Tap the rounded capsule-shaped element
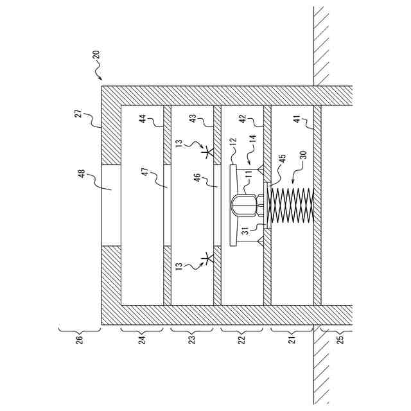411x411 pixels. (243, 205)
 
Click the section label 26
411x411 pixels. (80, 338)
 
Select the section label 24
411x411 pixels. (143, 338)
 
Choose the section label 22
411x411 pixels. (241, 338)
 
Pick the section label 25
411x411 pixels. (340, 338)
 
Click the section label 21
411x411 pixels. (292, 338)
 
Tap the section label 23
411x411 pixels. (191, 338)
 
